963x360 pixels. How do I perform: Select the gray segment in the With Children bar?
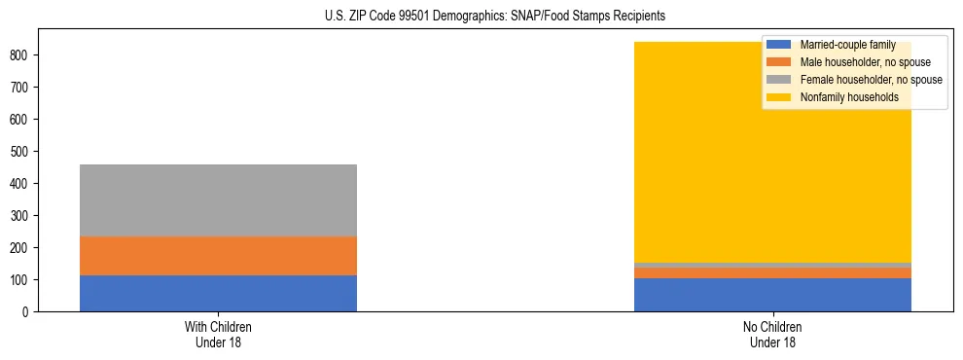pyautogui.click(x=218, y=200)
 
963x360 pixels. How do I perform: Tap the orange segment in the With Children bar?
pyautogui.click(x=218, y=256)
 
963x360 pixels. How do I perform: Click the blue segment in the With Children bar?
pyautogui.click(x=218, y=293)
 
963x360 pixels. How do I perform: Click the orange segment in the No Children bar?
pyautogui.click(x=772, y=273)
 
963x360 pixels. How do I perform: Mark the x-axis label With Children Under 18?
pyautogui.click(x=218, y=334)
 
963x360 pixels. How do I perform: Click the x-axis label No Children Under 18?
pyautogui.click(x=772, y=334)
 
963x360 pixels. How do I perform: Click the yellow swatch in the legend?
pyautogui.click(x=779, y=97)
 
